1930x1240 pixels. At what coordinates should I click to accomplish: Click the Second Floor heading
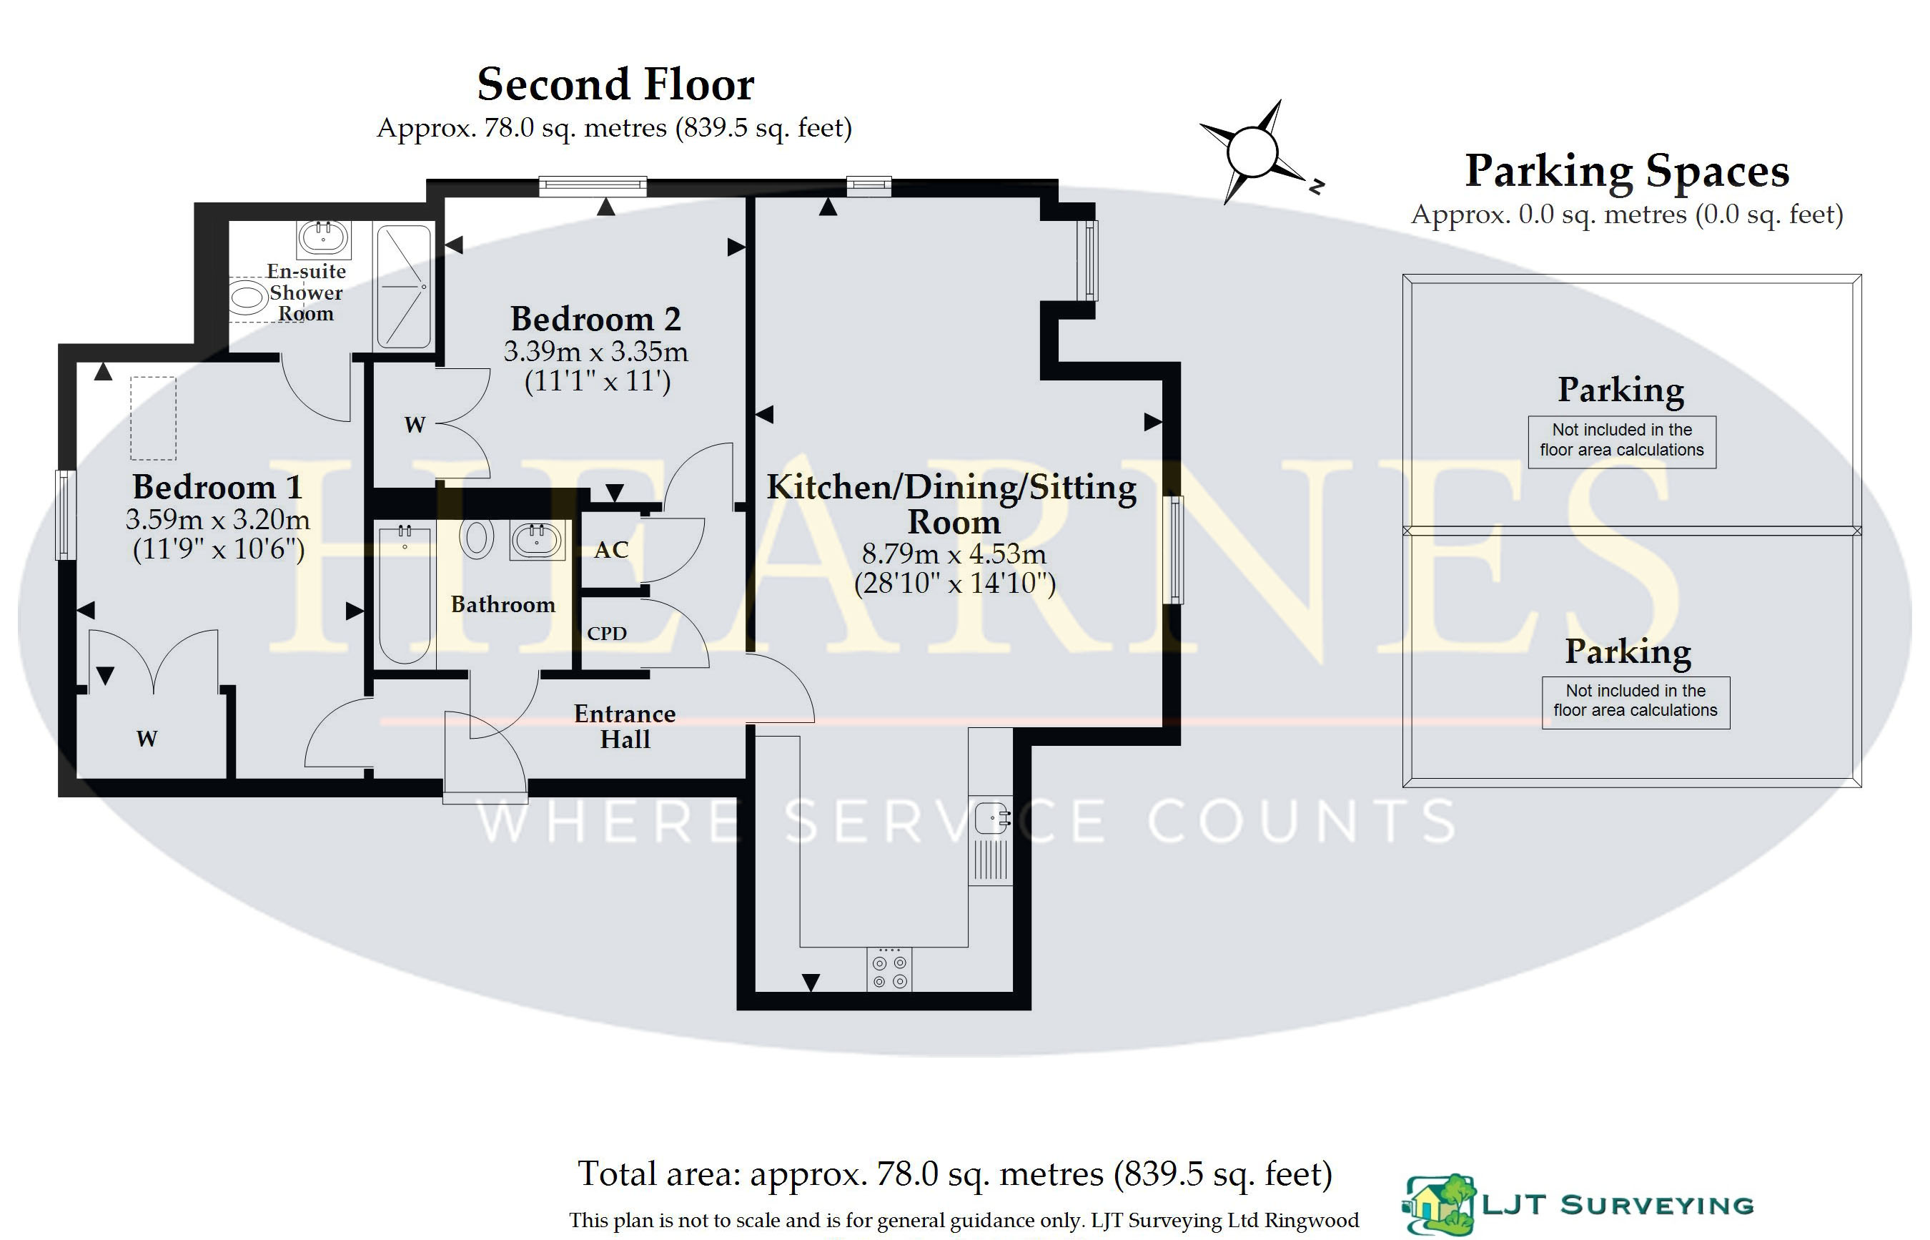point(615,84)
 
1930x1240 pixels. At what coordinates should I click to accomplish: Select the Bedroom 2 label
point(595,319)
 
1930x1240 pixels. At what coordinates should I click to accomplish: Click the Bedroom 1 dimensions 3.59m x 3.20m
point(217,519)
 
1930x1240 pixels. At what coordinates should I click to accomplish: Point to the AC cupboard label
point(611,550)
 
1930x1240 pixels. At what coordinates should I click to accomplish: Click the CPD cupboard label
point(607,634)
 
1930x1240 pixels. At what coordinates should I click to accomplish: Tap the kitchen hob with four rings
point(889,970)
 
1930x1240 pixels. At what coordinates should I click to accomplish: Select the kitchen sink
point(991,819)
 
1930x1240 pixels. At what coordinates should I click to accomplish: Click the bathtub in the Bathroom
point(404,594)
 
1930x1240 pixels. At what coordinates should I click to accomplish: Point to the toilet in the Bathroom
point(477,538)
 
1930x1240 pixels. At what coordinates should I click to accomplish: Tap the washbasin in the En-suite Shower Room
point(324,237)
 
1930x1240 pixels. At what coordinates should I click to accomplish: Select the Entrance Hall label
point(625,727)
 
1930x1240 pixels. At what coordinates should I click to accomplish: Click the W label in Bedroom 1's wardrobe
point(147,739)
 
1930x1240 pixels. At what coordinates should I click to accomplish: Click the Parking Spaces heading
point(1627,172)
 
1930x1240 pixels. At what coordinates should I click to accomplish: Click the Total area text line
point(955,1174)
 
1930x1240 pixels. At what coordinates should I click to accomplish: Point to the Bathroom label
point(503,605)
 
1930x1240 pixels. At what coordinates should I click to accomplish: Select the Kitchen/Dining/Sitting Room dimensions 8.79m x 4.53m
point(954,554)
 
